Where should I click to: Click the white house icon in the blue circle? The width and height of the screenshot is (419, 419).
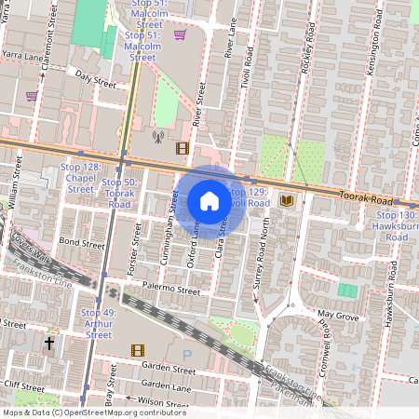tap(209, 201)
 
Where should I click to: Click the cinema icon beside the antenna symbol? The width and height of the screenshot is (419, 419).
tap(182, 147)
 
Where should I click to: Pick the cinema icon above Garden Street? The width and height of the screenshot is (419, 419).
tap(138, 350)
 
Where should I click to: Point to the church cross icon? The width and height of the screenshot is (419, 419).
tap(49, 345)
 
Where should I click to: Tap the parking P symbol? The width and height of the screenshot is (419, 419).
tap(186, 355)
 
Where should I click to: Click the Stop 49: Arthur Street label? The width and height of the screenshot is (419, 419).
tap(99, 318)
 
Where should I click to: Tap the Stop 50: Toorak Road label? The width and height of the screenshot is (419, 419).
tap(119, 193)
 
